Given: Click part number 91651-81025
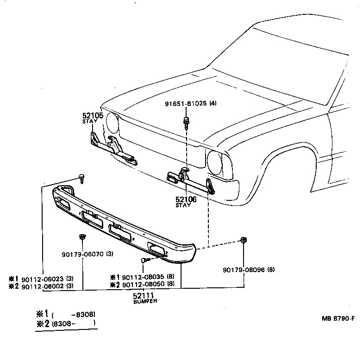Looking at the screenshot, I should coord(186,104).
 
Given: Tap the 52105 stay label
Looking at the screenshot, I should coord(93,116).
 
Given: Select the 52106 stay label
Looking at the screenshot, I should coord(186,199).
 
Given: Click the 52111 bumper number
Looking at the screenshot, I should coord(144,295).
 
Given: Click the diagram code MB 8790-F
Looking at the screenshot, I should coord(339,318).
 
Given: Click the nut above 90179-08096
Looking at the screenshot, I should coord(244,240).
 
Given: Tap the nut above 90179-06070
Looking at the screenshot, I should coord(82,237).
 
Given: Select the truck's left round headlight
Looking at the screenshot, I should coord(113,122).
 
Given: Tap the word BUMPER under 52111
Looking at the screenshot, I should coord(144,301).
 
